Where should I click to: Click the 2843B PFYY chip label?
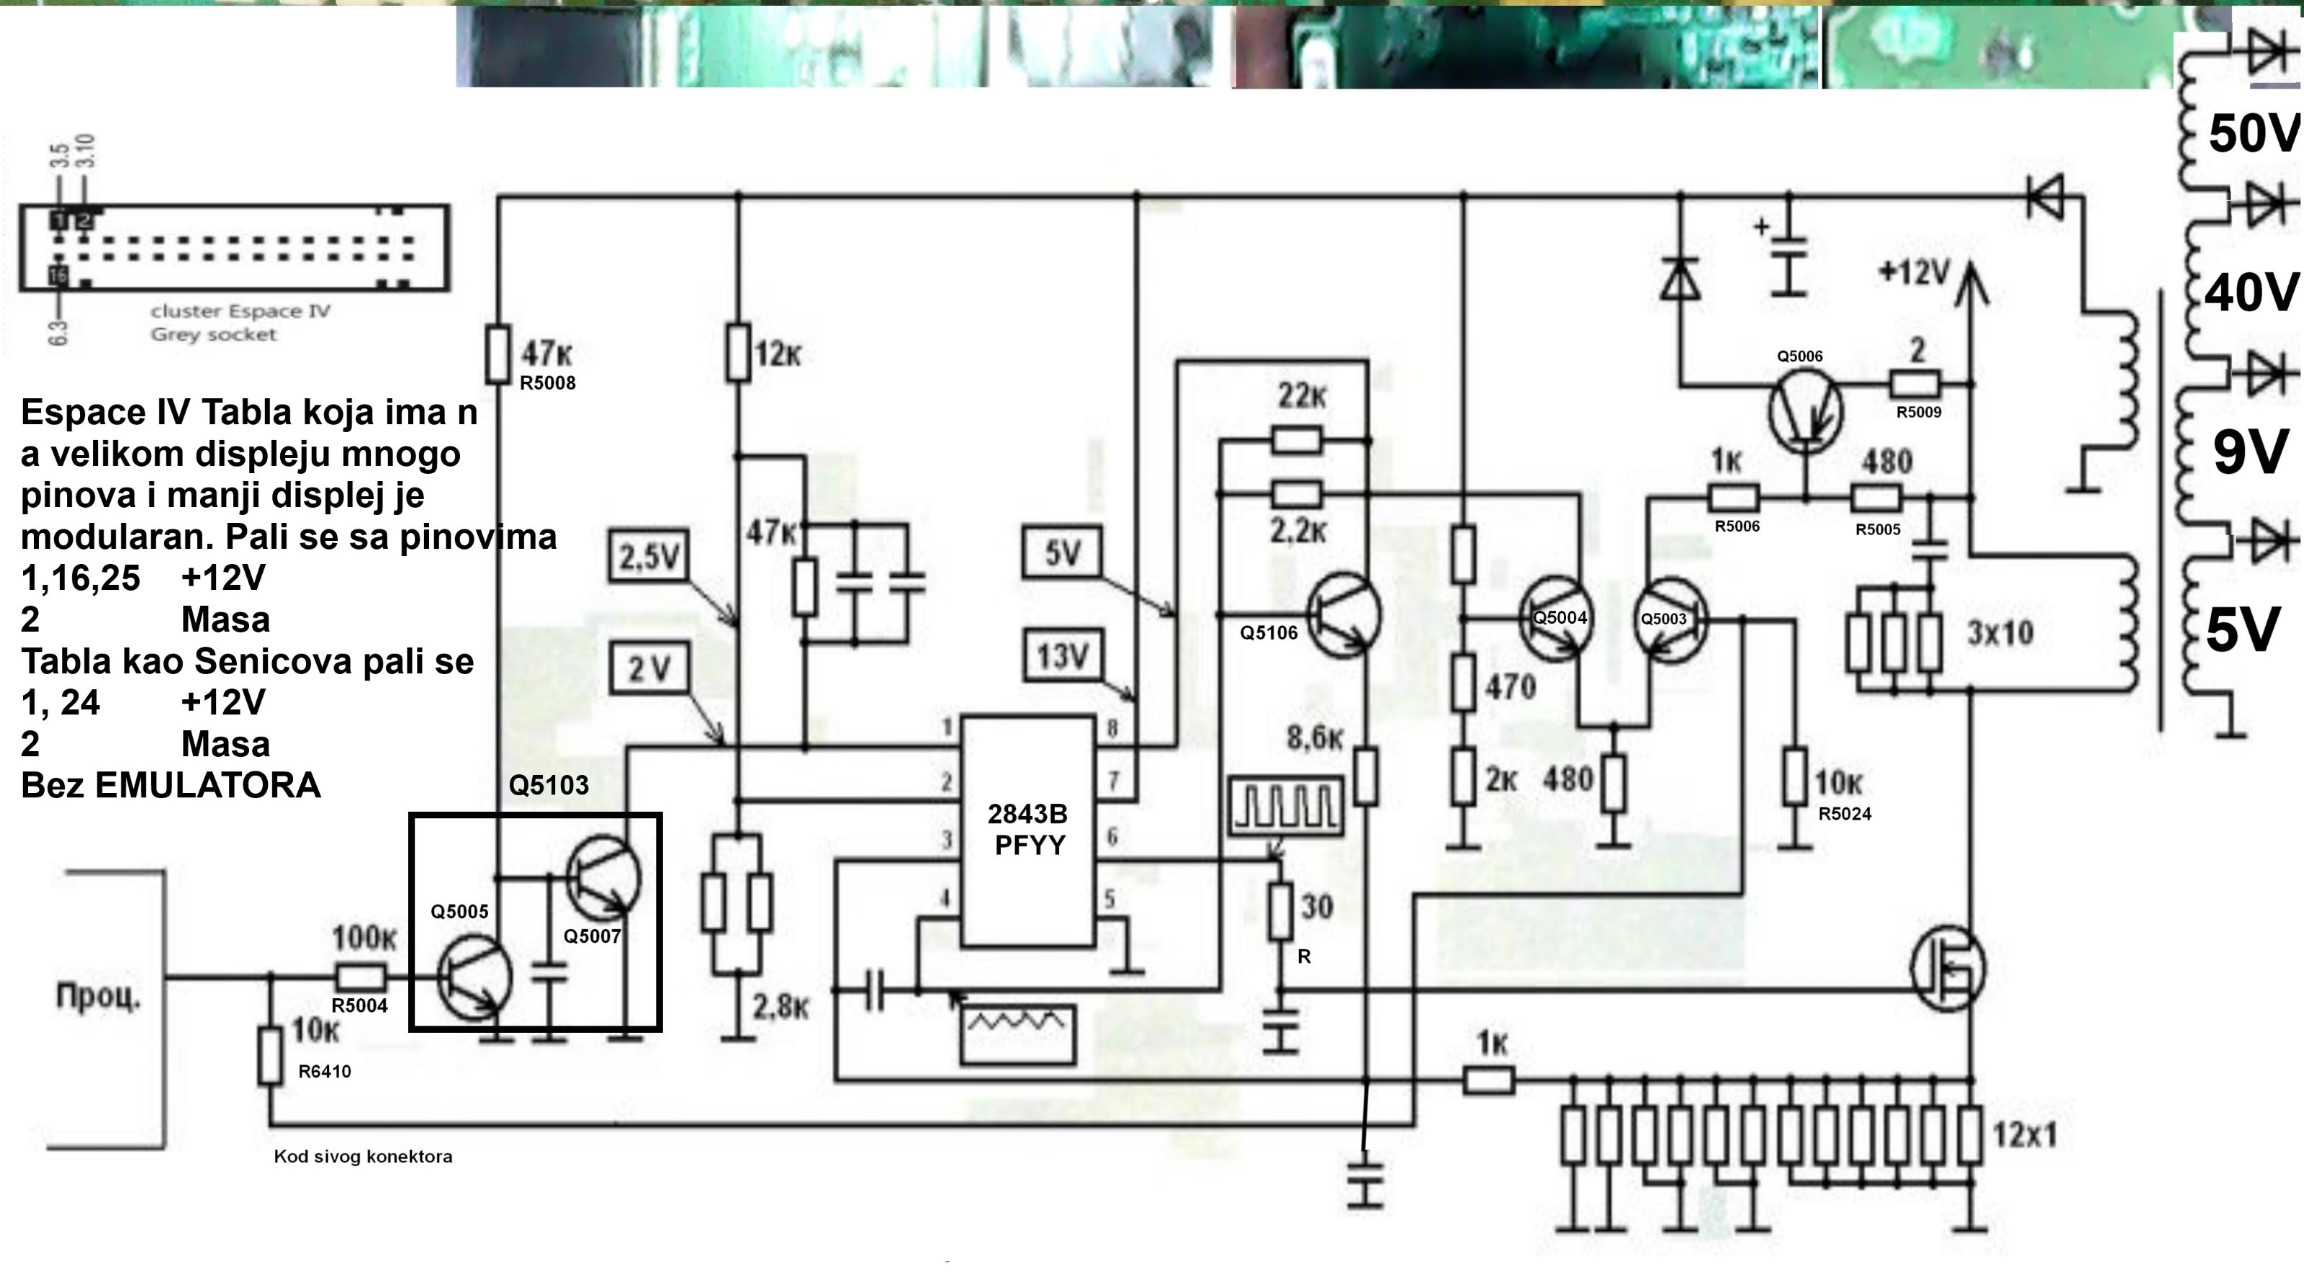1027,829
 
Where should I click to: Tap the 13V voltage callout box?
1063,655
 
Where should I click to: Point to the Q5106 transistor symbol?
1344,616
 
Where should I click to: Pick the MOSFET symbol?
1947,967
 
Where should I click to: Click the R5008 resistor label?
547,383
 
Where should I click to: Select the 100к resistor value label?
363,938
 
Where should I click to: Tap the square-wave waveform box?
1286,806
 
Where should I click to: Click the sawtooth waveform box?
1017,1034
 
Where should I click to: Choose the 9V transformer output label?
2250,453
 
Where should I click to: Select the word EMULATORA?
207,786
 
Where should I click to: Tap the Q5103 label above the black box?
548,786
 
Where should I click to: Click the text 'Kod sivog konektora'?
363,1156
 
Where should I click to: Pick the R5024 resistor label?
1844,814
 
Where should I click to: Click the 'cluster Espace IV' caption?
240,311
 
